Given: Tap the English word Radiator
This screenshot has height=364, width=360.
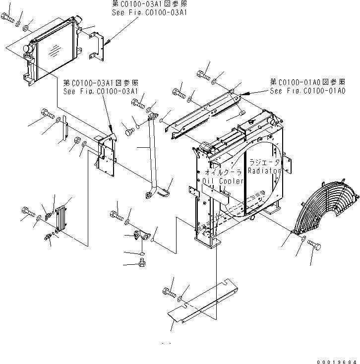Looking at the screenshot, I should point(264,171).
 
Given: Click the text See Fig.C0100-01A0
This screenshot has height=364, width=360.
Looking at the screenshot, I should point(307,91).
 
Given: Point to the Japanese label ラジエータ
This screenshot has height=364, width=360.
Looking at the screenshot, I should point(264,162).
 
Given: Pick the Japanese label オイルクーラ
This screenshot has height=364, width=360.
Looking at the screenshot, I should point(222,172).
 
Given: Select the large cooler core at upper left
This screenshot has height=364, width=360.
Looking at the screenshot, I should point(52,49).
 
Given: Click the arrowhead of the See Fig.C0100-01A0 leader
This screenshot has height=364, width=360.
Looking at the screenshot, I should point(243,94).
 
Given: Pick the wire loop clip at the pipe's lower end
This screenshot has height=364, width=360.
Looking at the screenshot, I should point(167,187).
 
